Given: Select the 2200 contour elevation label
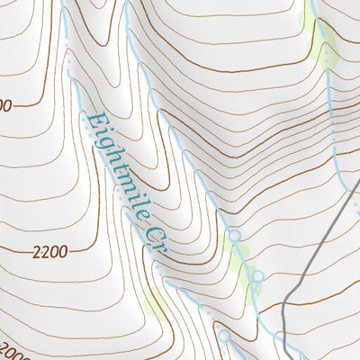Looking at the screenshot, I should pos(49,252).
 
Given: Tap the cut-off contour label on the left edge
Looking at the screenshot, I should pos(5,106).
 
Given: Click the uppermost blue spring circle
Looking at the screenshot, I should pos(235,236).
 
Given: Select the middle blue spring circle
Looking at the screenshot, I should pos(258,275).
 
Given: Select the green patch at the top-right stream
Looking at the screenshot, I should pos(321,40).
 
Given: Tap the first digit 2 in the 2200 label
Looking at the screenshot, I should pos(35,252).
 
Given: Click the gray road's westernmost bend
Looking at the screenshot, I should pos(283,310).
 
